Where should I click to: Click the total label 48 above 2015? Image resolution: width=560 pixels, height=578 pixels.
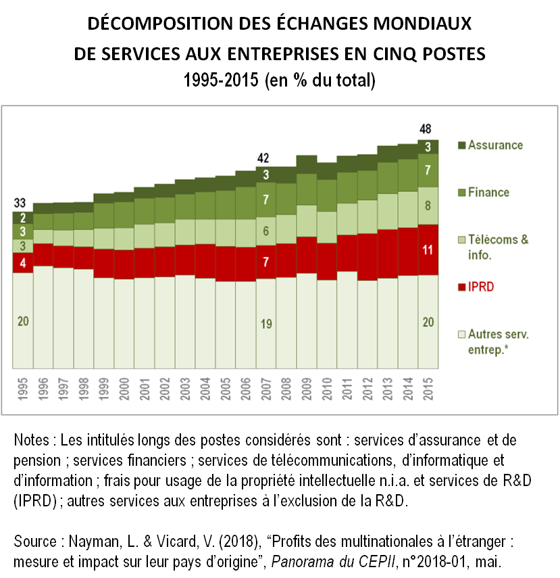[x=426, y=129]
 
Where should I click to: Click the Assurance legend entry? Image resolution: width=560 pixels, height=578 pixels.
[x=494, y=145]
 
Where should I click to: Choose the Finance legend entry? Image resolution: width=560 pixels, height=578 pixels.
[x=488, y=193]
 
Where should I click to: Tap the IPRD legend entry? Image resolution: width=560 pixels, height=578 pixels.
[x=480, y=287]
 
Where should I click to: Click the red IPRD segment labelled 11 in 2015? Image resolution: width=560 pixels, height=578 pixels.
[x=428, y=249]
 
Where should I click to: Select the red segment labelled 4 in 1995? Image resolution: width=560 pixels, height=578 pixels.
[x=22, y=262]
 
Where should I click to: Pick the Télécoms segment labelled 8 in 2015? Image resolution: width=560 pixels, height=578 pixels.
[x=428, y=206]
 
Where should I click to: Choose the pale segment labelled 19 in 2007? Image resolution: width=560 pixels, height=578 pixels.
[x=266, y=324]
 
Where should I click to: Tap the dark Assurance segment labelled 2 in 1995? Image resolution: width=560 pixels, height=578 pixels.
[x=22, y=218]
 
